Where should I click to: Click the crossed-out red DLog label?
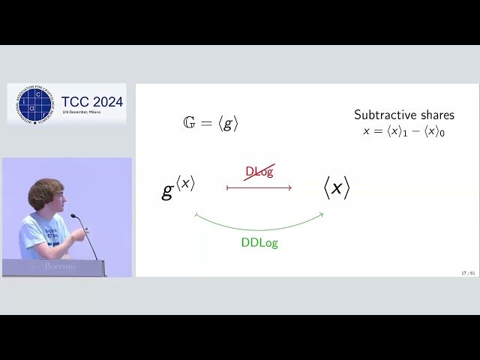coord(259,171)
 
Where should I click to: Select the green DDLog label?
coord(259,243)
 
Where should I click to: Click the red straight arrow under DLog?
coord(259,187)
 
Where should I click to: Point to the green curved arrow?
coord(259,225)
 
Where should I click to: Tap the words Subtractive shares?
coord(403,115)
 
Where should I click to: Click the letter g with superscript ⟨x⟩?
coord(178,187)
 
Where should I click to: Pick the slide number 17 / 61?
coord(468,273)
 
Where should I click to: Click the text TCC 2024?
coord(91,101)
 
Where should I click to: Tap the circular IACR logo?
coord(34,103)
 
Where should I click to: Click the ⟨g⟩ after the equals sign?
coord(228,124)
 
